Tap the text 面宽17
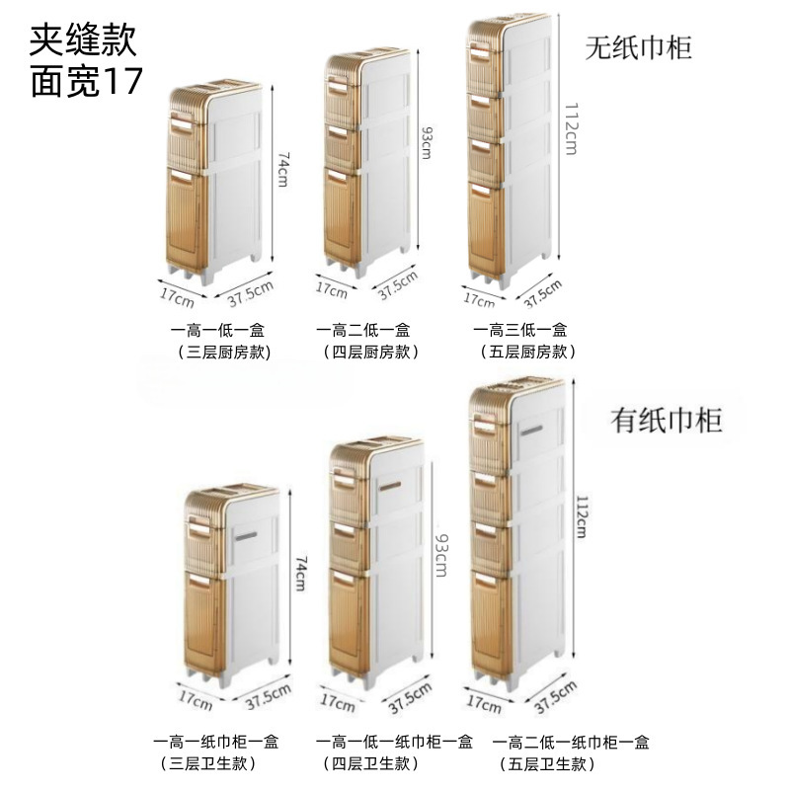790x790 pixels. [x=88, y=83]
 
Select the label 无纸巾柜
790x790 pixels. [x=639, y=46]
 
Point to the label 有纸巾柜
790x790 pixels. [x=667, y=420]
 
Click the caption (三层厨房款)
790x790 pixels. [x=223, y=352]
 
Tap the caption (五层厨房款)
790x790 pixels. [x=527, y=352]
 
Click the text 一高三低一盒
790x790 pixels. [x=519, y=330]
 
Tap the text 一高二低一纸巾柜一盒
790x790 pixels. [x=571, y=742]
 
